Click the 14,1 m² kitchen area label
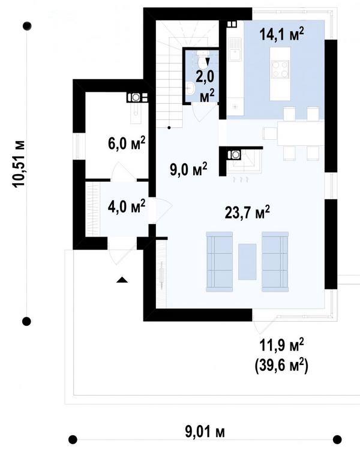coord(281,34)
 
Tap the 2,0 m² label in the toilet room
coord(206,86)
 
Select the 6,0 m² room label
coord(127,143)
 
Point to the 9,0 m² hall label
coord(188,169)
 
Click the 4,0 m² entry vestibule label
coord(126,206)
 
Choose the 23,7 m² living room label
coord(247,212)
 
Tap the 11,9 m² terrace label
coord(281,345)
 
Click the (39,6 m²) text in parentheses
coord(281,366)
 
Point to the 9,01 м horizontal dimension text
coord(205,432)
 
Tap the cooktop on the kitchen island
coord(280,69)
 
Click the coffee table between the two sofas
coord(247,262)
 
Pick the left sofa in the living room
coord(220,262)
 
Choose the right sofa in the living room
coord(275,262)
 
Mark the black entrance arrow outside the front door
coord(122,280)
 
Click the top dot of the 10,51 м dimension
coord(27,26)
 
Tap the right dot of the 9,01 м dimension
coord(337,439)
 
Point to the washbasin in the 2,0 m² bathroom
coord(190,88)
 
